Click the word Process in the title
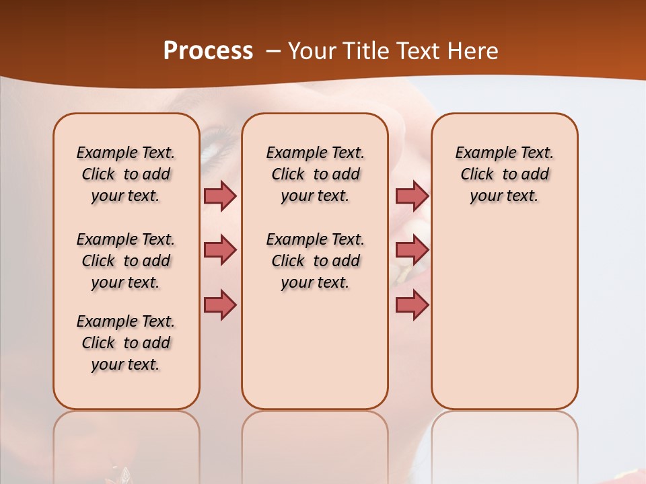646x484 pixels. (x=208, y=50)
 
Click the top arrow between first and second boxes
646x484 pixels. (x=220, y=196)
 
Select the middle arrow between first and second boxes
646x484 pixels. (x=220, y=250)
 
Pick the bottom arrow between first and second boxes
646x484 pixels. (x=220, y=305)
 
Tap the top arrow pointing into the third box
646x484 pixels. (x=412, y=196)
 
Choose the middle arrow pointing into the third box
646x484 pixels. (x=412, y=250)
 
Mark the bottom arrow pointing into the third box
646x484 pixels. (x=412, y=305)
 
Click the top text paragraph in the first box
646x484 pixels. (x=126, y=174)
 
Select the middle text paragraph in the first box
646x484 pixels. (x=126, y=261)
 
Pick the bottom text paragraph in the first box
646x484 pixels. (x=126, y=343)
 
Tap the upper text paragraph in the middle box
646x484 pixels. (x=315, y=174)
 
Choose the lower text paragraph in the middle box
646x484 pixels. (x=315, y=261)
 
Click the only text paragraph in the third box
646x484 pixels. (x=504, y=174)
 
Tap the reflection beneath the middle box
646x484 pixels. (x=315, y=444)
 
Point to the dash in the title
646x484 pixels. (x=273, y=51)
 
